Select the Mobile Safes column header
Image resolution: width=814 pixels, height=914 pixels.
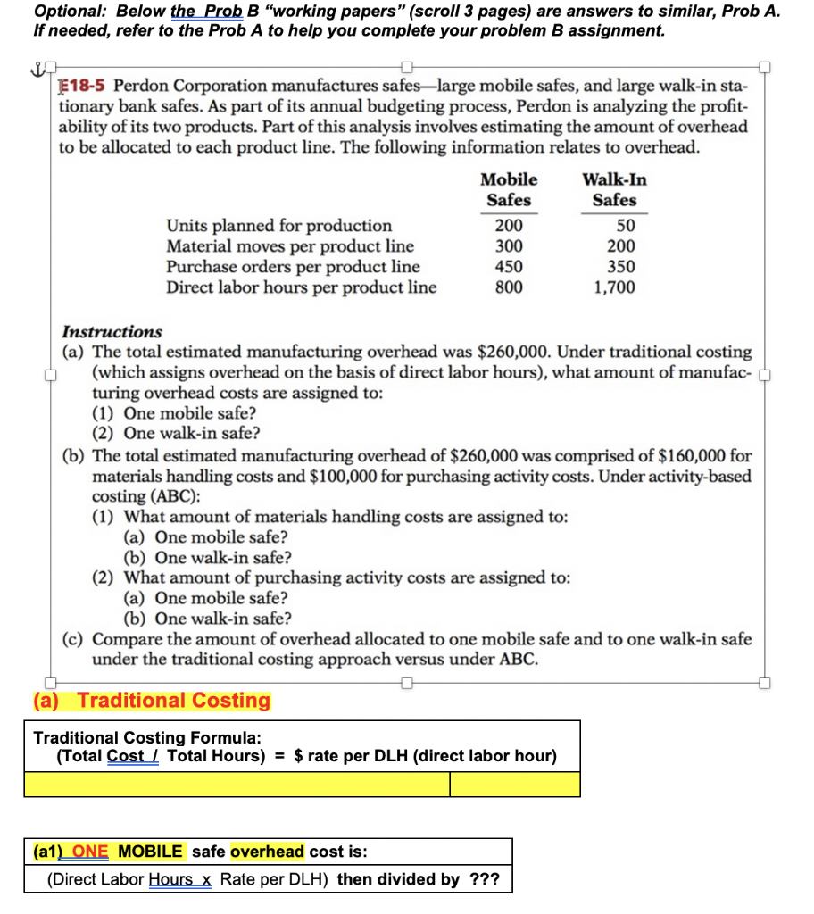pos(509,189)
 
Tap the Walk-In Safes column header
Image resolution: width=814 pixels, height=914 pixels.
pos(614,189)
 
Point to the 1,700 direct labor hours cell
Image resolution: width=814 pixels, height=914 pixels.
pos(614,287)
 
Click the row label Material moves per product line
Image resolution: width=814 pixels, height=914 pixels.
pos(290,246)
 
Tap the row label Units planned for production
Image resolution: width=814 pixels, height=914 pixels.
pos(278,226)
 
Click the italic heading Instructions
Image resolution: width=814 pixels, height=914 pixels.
pos(111,331)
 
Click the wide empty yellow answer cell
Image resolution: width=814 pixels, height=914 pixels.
pos(237,785)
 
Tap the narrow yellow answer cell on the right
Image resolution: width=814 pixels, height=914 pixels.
pos(515,785)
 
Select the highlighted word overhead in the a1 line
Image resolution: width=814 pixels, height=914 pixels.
pos(267,851)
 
